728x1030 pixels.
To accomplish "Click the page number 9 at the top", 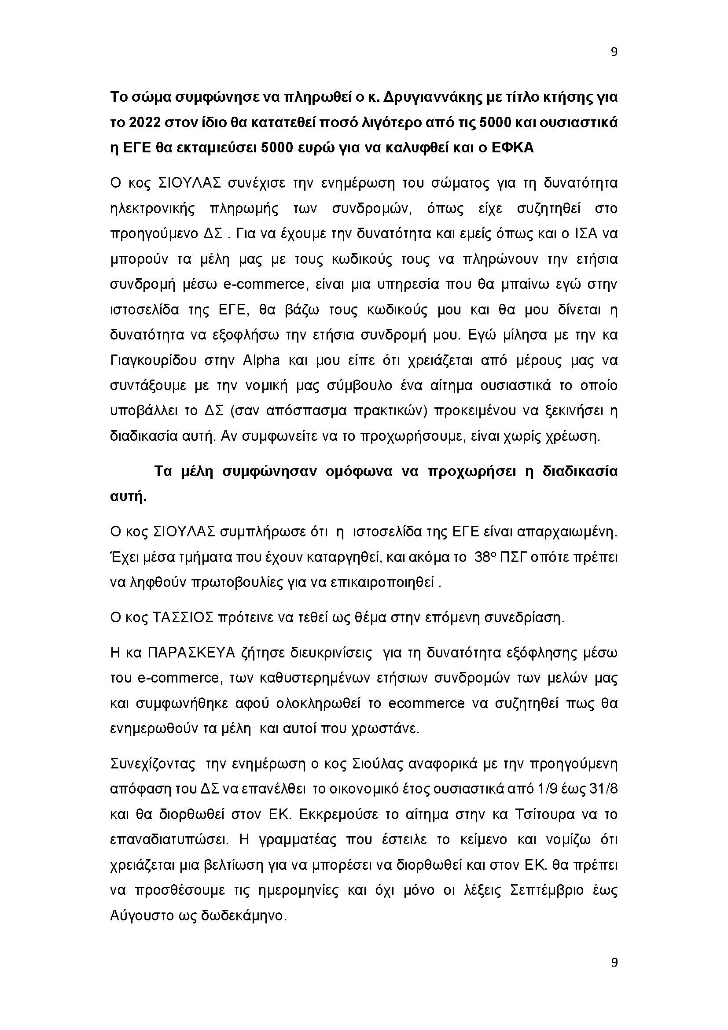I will click(614, 52).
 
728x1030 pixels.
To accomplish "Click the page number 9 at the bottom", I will click(614, 975).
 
